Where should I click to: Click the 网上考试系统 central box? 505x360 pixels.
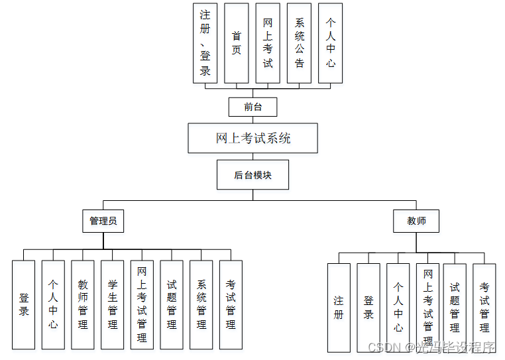[x=252, y=139]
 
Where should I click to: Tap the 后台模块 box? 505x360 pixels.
[x=252, y=175]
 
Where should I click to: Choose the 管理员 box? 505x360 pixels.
[x=103, y=221]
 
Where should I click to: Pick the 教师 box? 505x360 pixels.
[x=416, y=221]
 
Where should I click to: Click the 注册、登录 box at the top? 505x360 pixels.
[x=205, y=44]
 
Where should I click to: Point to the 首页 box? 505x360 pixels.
[x=237, y=44]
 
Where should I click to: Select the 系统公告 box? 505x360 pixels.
[x=299, y=44]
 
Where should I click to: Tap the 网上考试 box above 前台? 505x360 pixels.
[x=268, y=44]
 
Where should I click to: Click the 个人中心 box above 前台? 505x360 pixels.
[x=330, y=44]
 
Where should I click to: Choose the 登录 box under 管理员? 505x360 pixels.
[x=23, y=305]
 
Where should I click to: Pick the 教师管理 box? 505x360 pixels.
[x=83, y=305]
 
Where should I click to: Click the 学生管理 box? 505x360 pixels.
[x=112, y=305]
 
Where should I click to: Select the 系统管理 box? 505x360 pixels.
[x=201, y=305]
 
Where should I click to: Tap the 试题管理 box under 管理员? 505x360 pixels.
[x=171, y=305]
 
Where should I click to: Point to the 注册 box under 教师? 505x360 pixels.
[x=339, y=308]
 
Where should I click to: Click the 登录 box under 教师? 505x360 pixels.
[x=368, y=308]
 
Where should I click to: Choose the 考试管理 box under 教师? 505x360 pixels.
[x=484, y=308]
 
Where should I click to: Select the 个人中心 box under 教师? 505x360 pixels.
[x=398, y=308]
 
